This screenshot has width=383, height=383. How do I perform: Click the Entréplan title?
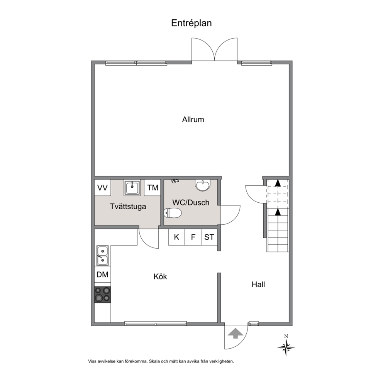191,23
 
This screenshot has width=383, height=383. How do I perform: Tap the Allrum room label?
193,119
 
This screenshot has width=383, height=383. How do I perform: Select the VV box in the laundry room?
103,188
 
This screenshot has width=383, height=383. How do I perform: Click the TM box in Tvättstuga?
153,188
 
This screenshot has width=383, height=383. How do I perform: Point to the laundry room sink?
132,188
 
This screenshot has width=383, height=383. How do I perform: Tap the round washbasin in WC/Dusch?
203,185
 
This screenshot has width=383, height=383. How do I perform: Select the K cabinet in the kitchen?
176,237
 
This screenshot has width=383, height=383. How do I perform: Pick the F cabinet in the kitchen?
193,237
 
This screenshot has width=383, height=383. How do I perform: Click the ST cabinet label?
209,237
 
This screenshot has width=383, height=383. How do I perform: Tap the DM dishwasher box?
103,275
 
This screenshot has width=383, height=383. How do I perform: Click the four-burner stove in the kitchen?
103,295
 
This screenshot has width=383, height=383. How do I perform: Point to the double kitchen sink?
103,256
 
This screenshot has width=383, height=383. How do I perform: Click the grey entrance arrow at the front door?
235,334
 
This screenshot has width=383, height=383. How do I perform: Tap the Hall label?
258,285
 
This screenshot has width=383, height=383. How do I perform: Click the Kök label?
160,276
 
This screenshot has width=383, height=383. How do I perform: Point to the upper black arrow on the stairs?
278,183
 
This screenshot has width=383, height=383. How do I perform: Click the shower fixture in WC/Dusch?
175,181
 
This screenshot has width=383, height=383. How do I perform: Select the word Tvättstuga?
128,207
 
